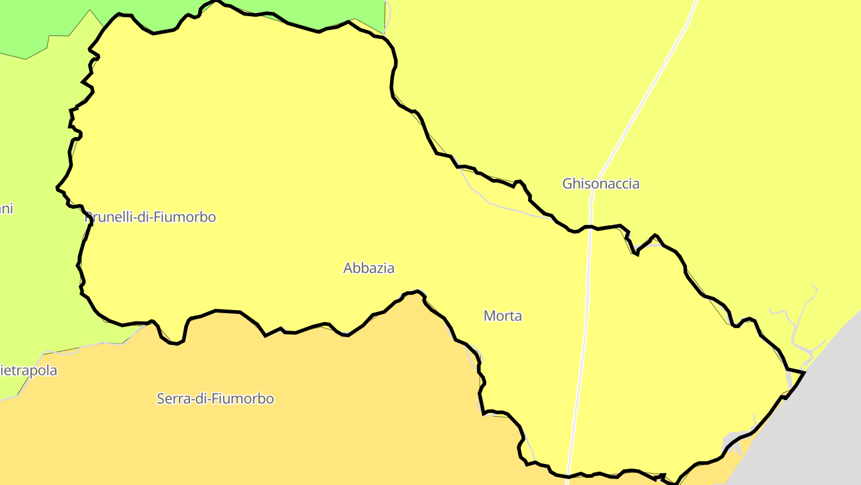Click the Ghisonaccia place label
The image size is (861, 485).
[600, 184]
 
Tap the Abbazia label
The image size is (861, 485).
[368, 268]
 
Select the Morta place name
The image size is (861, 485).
[502, 316]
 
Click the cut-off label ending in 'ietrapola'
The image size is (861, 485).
[28, 371]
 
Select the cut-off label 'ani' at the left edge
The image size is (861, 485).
[5, 209]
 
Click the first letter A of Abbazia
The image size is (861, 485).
[348, 268]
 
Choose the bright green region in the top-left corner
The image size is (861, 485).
[30, 24]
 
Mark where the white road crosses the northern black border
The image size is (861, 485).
[590, 227]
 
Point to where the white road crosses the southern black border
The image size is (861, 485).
[569, 477]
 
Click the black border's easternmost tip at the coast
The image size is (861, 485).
[805, 372]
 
